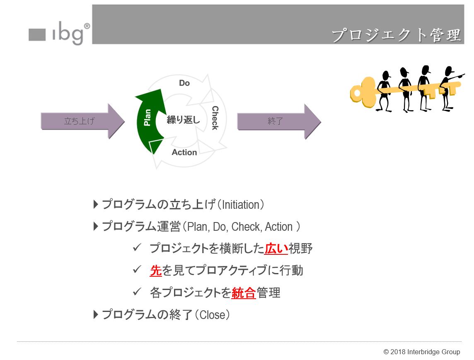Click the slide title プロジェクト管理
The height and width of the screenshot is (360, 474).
[396, 35]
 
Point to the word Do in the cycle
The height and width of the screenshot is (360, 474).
[184, 83]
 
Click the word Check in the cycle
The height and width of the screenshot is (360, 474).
[215, 118]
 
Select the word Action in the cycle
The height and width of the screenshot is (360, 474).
[184, 152]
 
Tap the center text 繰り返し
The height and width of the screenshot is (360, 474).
[183, 121]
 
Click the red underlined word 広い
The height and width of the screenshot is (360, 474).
[276, 249]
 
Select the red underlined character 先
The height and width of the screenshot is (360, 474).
[156, 271]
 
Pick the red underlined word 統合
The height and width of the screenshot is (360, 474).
[244, 292]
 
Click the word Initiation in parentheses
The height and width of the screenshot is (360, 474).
[240, 205]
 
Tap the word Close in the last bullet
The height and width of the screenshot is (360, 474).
[212, 315]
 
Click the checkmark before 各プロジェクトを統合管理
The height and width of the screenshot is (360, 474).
[137, 292]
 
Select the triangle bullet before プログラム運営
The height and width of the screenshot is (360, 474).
[96, 226]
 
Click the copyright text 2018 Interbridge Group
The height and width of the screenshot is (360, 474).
[421, 352]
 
